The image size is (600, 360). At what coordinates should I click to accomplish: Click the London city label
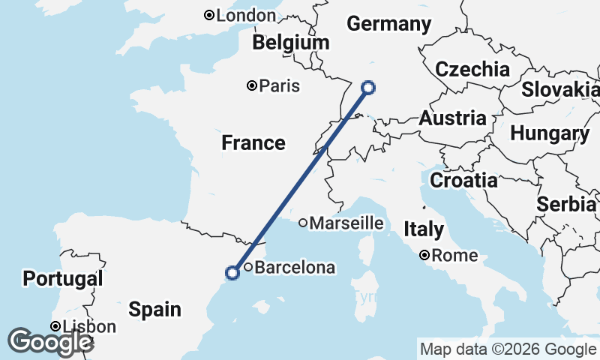(246, 16)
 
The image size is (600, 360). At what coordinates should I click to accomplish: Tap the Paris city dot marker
(252, 86)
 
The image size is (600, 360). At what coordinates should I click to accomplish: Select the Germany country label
(388, 24)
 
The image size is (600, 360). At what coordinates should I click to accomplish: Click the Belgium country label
(291, 43)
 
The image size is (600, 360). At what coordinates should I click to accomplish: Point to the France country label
(253, 142)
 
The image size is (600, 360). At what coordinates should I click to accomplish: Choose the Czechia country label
(472, 70)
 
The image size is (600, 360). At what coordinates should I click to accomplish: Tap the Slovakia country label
(560, 89)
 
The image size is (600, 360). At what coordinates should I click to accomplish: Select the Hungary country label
(550, 134)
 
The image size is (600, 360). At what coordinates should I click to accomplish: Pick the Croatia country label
(464, 181)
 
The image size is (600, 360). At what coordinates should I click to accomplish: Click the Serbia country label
(567, 205)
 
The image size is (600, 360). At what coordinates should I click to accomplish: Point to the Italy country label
(424, 229)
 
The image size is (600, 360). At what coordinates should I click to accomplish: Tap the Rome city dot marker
(425, 256)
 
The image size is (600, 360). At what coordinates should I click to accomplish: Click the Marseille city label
(346, 223)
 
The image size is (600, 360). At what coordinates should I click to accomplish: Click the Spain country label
(154, 309)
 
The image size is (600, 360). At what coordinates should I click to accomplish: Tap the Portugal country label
(62, 279)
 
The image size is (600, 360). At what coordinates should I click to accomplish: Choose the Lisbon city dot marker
(55, 327)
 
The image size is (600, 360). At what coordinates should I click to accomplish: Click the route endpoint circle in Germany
(368, 87)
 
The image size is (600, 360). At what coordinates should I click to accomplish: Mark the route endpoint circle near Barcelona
(232, 273)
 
